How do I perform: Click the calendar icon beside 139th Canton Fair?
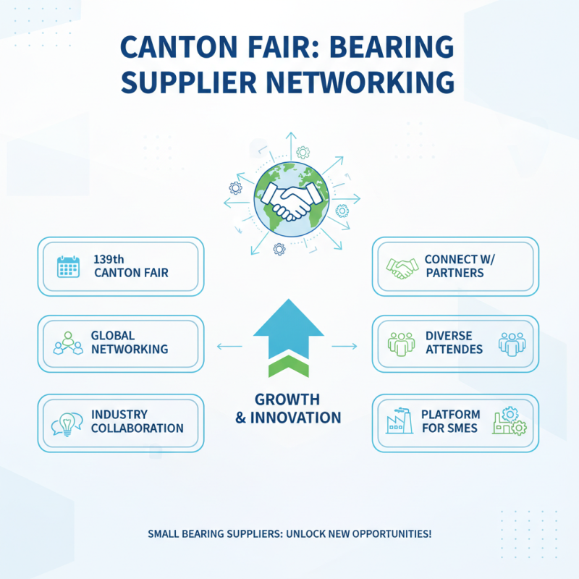coord(68,268)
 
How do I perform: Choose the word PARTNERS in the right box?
coord(455,273)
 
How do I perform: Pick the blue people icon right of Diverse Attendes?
coord(511,342)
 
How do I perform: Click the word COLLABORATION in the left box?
coord(137,428)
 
